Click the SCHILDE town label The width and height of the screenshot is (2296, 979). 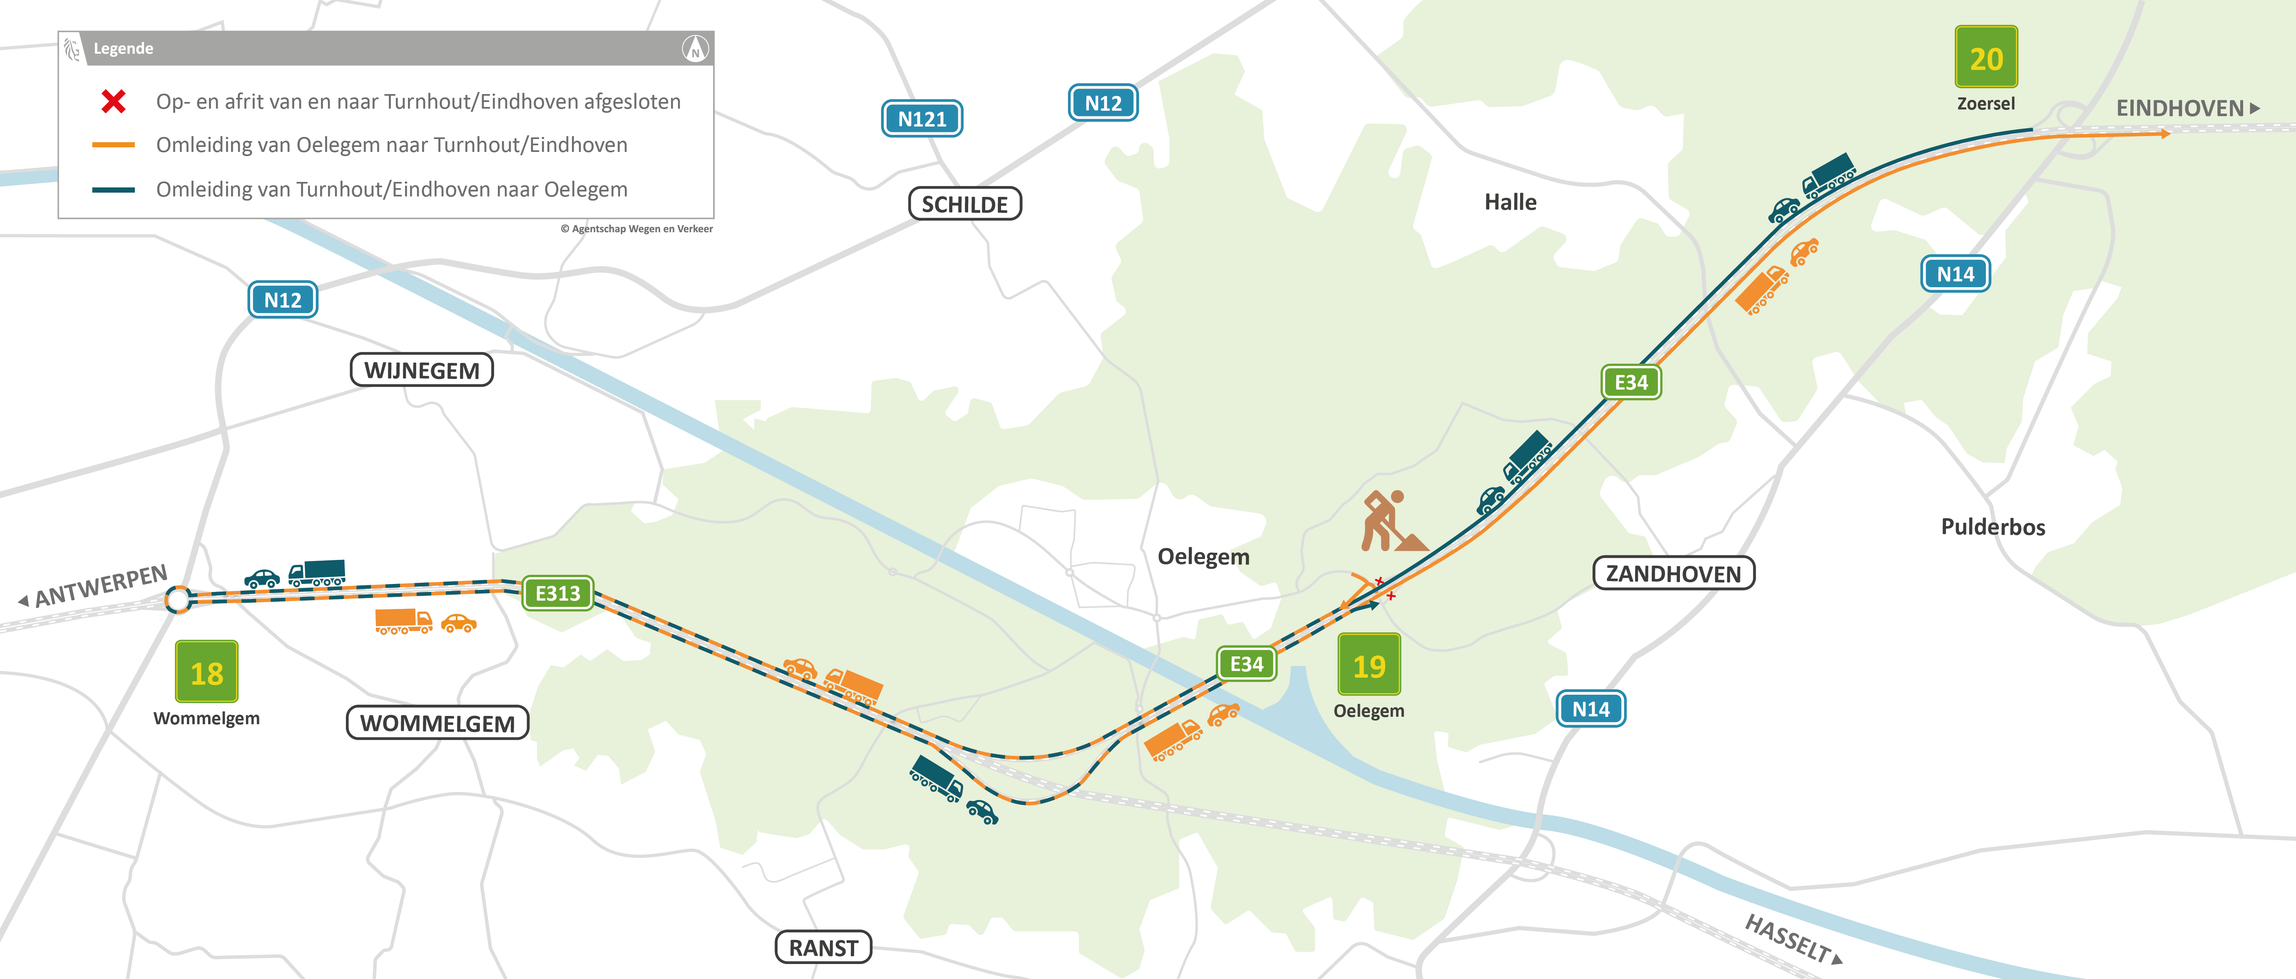[x=964, y=204]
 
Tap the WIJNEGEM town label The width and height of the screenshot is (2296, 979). [x=422, y=370]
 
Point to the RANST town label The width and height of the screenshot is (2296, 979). [x=822, y=948]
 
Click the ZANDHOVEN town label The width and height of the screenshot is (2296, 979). [x=1673, y=573]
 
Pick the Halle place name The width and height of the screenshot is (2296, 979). [x=1510, y=202]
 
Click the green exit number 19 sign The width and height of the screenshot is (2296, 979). [x=1369, y=665]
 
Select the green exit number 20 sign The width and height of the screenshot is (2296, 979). [x=1986, y=58]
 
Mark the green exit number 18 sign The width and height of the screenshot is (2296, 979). [x=207, y=672]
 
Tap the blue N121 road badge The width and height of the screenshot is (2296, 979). [x=922, y=119]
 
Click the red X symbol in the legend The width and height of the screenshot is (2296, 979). [x=113, y=102]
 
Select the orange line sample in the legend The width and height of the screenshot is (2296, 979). [x=113, y=144]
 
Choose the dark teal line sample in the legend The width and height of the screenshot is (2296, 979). [x=113, y=190]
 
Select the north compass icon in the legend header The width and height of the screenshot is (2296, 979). [x=695, y=48]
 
